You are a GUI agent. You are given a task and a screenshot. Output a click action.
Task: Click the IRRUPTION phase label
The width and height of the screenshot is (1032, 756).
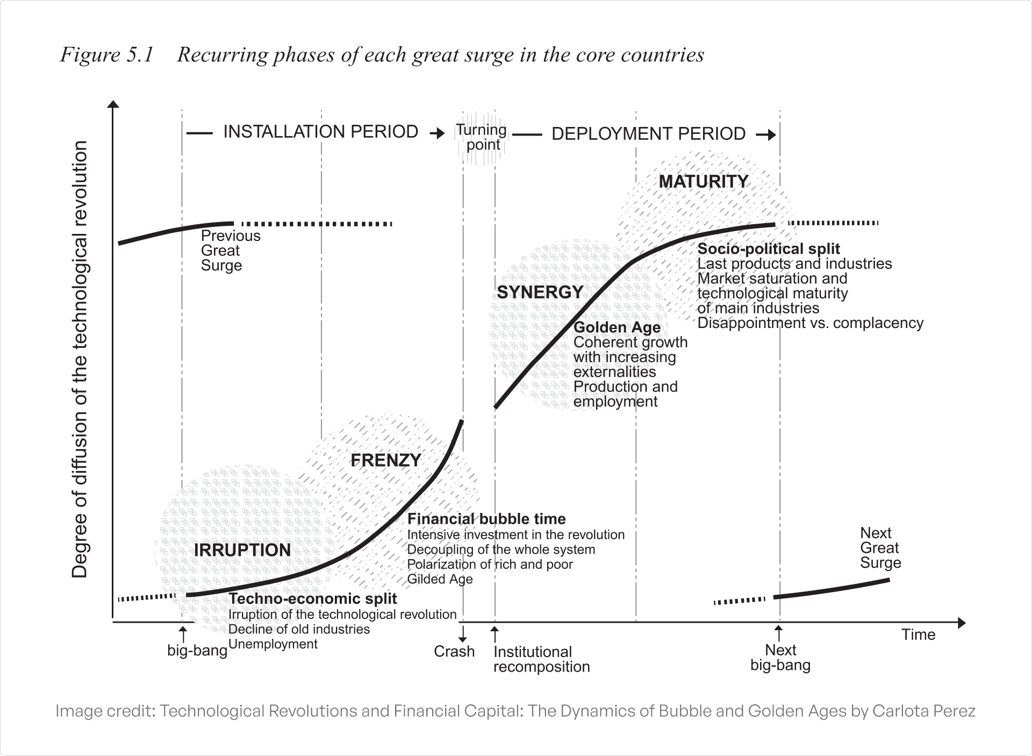pos(242,550)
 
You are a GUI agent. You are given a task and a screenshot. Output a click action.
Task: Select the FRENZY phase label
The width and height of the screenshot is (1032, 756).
pos(385,460)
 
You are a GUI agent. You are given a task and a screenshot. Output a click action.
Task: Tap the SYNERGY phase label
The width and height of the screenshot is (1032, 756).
pos(540,292)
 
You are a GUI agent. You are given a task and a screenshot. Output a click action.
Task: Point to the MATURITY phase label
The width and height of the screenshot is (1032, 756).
pos(703,182)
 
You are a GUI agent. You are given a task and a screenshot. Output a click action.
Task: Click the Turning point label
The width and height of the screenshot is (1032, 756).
pos(482,137)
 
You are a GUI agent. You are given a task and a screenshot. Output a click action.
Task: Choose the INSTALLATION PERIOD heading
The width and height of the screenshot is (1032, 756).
pos(320,132)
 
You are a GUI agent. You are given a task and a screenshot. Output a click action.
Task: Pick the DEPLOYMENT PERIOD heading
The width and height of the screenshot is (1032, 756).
pos(648,134)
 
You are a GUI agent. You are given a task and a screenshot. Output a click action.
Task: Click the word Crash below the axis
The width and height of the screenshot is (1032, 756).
pos(454,652)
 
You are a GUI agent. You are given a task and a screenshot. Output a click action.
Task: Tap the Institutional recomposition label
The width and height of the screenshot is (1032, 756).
pos(541,659)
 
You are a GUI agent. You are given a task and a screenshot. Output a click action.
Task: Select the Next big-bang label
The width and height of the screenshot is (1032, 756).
pos(780,658)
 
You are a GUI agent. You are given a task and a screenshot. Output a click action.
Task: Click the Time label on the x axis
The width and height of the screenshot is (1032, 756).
pos(918,635)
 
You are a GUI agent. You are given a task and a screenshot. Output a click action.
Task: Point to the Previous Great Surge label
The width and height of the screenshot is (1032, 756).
pos(230,251)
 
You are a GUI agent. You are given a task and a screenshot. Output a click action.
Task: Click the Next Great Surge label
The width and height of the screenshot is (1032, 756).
pos(880,548)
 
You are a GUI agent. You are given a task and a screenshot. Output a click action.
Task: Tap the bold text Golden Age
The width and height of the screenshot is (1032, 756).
pos(617,327)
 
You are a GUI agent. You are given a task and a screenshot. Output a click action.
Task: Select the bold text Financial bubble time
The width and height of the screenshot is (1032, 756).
pos(486,519)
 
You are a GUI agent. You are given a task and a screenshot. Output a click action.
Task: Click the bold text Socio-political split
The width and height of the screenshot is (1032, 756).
pos(769,249)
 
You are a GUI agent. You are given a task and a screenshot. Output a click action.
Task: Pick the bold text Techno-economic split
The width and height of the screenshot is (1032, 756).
pos(313,599)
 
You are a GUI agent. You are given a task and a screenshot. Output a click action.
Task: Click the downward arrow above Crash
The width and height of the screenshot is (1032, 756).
pos(462,631)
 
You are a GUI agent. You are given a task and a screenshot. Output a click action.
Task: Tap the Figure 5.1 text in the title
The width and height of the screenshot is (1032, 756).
pos(107,55)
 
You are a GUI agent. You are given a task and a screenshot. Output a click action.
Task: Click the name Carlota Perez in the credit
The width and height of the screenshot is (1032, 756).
pos(923,711)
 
